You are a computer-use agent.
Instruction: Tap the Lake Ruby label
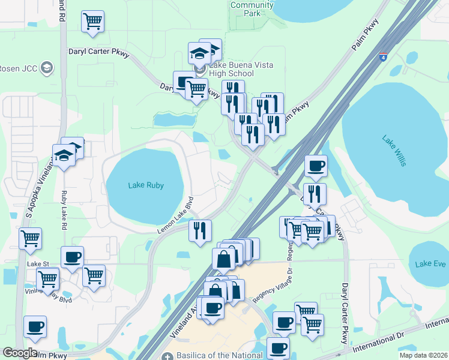pyautogui.click(x=146, y=185)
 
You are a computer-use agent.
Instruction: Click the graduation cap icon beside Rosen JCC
pyautogui.click(x=46, y=67)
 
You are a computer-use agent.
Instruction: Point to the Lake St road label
pyautogui.click(x=38, y=263)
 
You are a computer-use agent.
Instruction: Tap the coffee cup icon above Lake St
pyautogui.click(x=72, y=257)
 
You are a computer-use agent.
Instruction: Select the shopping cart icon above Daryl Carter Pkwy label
pyautogui.click(x=92, y=22)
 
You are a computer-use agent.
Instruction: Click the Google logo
pyautogui.click(x=20, y=353)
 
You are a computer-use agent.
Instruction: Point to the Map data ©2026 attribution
pyautogui.click(x=423, y=355)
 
